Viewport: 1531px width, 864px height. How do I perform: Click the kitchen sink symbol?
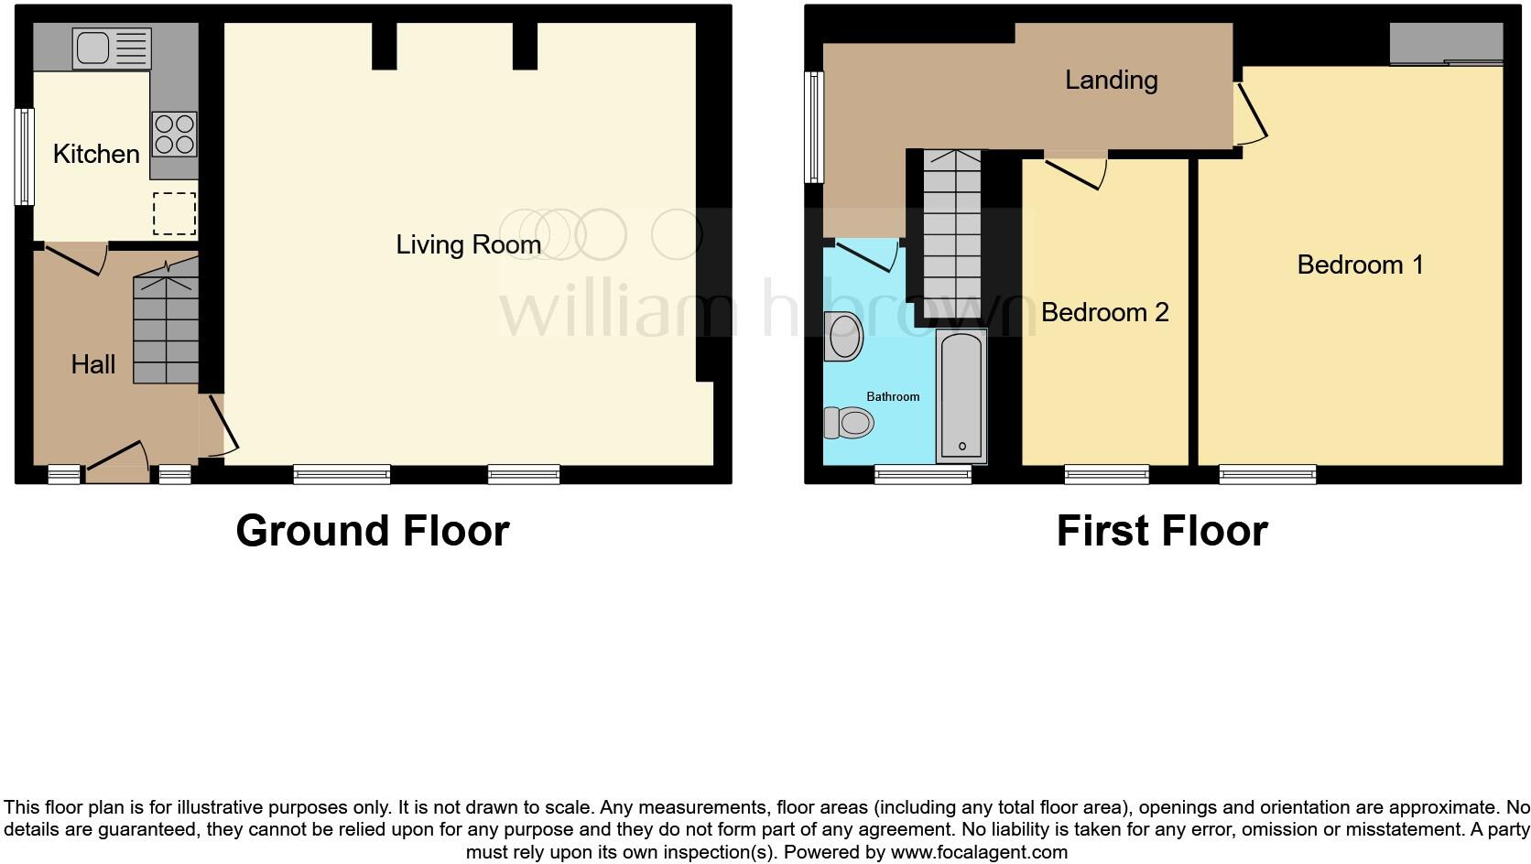click(112, 49)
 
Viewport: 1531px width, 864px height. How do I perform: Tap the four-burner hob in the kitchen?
click(174, 134)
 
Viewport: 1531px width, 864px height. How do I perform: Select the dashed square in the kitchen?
click(174, 215)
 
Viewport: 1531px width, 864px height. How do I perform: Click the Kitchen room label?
click(96, 154)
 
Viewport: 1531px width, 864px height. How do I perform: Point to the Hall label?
click(93, 364)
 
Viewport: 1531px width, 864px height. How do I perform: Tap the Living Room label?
click(468, 244)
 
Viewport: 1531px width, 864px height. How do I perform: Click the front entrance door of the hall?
click(117, 462)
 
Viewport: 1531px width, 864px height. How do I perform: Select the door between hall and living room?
click(220, 426)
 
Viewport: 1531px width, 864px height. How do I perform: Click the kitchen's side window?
click(25, 157)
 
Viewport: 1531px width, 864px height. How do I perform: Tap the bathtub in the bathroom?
click(961, 396)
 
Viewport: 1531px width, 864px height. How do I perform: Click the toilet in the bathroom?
click(848, 423)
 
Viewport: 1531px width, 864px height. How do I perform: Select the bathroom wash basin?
click(844, 336)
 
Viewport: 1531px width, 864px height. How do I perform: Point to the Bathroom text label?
click(893, 396)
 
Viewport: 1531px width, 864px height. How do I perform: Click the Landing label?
click(1111, 80)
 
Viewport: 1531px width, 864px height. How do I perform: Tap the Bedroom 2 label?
click(1104, 312)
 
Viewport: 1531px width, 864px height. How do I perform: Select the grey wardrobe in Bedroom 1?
click(1446, 44)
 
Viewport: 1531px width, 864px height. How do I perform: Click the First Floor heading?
click(1161, 531)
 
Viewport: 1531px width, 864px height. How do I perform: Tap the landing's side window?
click(813, 126)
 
